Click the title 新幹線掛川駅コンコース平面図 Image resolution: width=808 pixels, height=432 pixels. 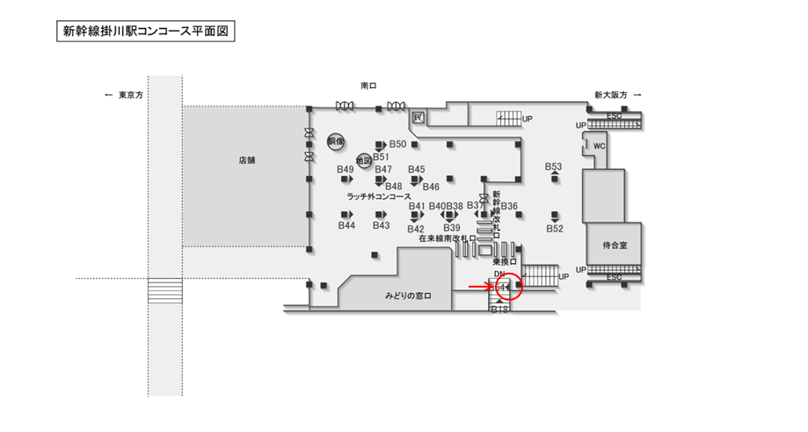click(146, 32)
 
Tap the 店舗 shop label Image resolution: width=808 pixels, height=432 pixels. click(245, 161)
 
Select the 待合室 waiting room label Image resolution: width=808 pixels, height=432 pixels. click(613, 245)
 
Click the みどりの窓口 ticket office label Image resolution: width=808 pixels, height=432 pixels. click(407, 296)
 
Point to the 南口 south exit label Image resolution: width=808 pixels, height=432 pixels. click(368, 86)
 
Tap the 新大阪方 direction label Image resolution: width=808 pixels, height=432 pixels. click(610, 94)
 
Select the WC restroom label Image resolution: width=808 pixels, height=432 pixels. click(599, 146)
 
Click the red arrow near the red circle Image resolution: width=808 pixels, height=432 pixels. click(480, 286)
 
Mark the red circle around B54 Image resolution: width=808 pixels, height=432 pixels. click(508, 287)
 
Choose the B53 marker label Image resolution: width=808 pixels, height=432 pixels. click(553, 166)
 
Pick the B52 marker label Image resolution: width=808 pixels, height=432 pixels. click(554, 229)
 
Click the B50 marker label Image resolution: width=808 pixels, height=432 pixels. click(397, 144)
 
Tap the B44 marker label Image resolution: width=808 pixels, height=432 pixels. click(346, 226)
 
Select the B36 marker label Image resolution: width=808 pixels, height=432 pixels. click(509, 207)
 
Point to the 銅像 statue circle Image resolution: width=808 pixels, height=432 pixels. click(335, 141)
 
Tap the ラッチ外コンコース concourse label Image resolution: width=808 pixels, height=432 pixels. click(379, 196)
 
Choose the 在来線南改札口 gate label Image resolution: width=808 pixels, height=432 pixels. click(447, 238)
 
